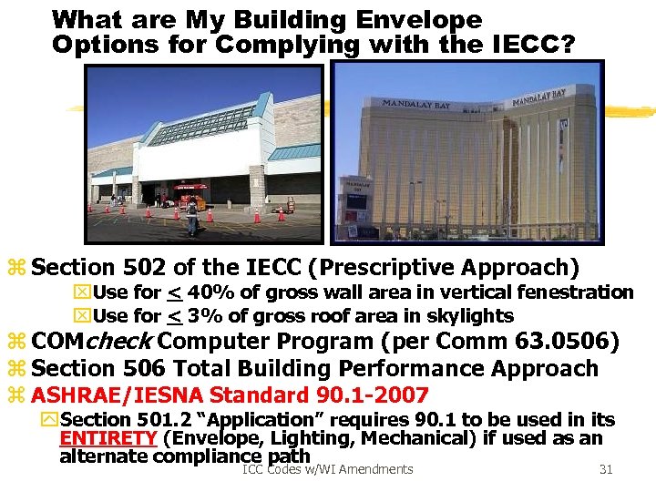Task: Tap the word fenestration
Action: pos(571,292)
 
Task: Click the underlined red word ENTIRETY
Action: pos(107,437)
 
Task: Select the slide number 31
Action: pos(606,469)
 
